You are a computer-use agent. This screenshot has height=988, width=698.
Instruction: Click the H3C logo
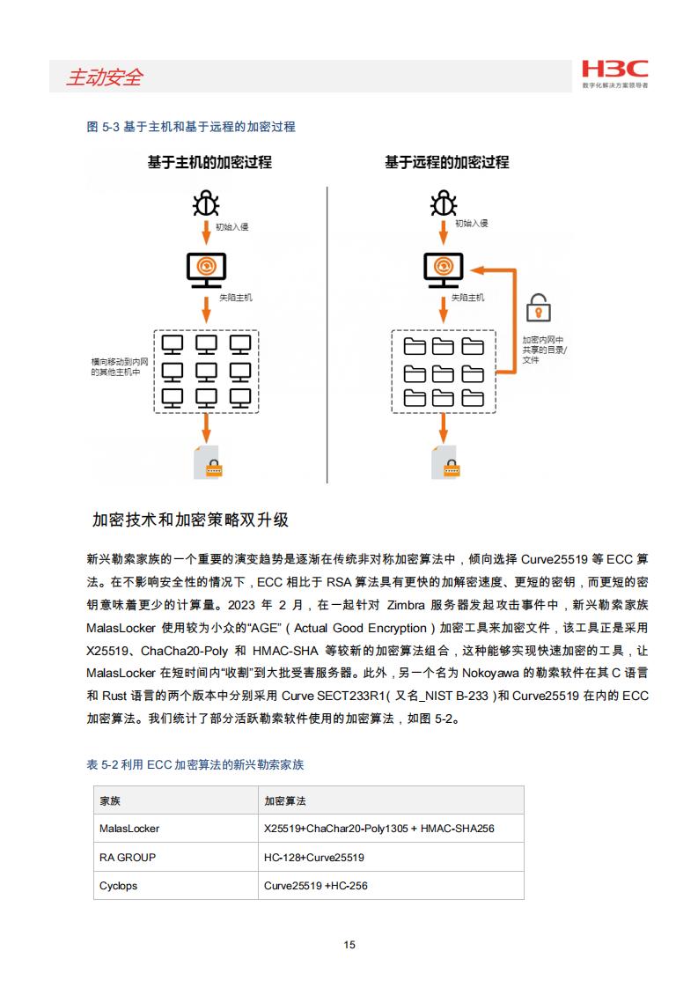614,74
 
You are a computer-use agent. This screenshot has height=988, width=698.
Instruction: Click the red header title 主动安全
105,77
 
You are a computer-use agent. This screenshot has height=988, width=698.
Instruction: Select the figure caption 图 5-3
191,127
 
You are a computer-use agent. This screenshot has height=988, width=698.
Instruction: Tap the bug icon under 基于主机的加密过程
206,203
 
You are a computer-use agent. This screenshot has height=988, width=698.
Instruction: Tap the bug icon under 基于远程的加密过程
444,203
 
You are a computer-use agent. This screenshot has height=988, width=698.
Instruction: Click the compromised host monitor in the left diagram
206,269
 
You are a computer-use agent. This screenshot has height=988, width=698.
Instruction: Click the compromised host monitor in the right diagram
444,269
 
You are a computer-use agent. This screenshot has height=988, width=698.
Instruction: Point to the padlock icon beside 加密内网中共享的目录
538,307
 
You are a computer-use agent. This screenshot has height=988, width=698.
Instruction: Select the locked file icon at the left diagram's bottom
207,462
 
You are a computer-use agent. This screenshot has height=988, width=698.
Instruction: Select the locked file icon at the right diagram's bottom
445,462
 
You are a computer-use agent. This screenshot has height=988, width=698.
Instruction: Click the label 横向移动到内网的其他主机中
120,366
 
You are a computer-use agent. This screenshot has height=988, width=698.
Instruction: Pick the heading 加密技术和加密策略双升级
190,520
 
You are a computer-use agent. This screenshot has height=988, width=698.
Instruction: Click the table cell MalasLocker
129,829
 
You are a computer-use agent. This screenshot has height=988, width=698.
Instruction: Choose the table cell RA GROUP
128,858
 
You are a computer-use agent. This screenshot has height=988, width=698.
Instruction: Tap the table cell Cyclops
118,886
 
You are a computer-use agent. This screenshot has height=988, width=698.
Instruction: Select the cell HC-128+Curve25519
313,858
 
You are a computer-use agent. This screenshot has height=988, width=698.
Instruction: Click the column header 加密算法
284,800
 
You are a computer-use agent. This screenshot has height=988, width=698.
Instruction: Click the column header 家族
110,800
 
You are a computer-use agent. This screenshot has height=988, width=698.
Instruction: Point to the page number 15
349,945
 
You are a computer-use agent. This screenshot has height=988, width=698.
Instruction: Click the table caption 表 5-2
195,764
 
